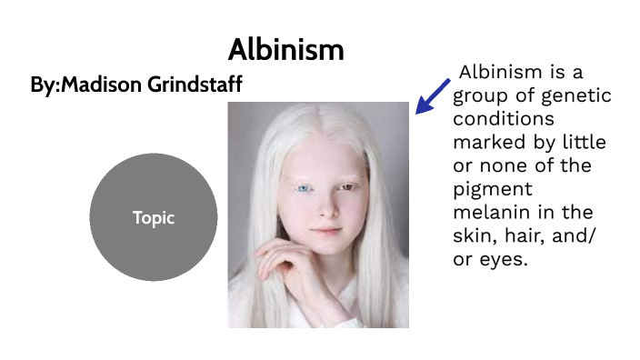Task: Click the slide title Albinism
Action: click(285, 49)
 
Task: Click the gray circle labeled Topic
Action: click(153, 217)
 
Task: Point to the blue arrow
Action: click(433, 96)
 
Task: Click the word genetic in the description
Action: click(577, 95)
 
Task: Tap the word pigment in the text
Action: click(489, 190)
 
